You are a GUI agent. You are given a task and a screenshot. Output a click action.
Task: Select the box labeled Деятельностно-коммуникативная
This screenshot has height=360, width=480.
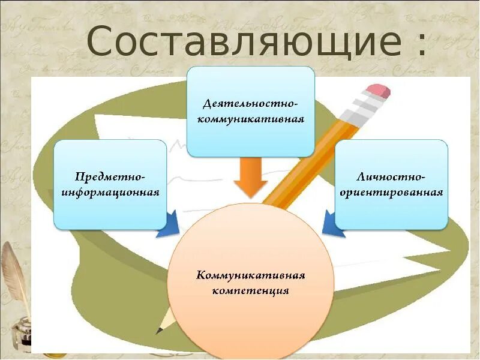coord(251,111)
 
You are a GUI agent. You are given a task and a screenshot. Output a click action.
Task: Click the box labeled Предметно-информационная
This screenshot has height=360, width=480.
coord(110,184)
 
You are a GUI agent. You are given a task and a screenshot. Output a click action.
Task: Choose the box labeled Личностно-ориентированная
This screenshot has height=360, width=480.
coord(391,184)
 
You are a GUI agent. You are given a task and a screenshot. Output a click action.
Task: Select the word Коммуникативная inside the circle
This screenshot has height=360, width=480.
coord(251,276)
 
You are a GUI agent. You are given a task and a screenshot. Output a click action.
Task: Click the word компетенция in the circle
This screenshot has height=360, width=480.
coord(251,291)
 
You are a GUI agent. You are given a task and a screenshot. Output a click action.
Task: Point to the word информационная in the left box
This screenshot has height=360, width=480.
coord(110,193)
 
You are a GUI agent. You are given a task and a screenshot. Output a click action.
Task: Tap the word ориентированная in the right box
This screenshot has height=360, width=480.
coord(391,193)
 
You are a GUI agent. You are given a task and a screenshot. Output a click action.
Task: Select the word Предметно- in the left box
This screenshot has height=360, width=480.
coord(110,177)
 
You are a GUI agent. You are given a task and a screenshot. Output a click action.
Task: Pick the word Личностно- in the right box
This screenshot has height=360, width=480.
coord(391,177)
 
